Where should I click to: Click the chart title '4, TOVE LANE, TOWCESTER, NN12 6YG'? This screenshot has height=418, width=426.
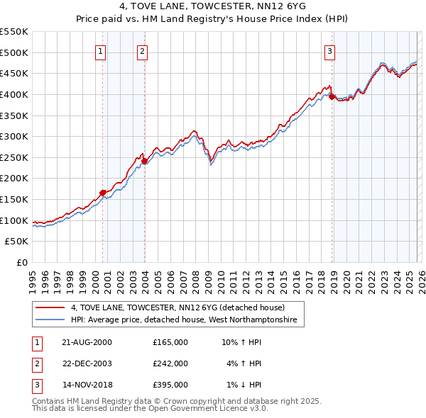click(x=212, y=8)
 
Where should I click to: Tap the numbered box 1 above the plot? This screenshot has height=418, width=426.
click(x=101, y=50)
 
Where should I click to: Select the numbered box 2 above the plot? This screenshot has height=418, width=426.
click(x=143, y=50)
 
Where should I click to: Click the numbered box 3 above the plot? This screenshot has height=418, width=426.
click(x=330, y=50)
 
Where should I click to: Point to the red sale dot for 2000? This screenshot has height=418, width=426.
click(x=103, y=192)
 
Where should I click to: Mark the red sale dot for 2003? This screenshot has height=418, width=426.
click(x=144, y=161)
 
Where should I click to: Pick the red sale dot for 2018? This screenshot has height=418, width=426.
click(x=332, y=97)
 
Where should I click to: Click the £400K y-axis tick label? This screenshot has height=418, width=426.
click(x=14, y=94)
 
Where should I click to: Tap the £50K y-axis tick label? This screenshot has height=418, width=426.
click(x=17, y=242)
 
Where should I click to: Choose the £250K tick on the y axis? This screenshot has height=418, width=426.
click(x=14, y=157)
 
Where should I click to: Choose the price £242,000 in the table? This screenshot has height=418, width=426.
click(x=170, y=363)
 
